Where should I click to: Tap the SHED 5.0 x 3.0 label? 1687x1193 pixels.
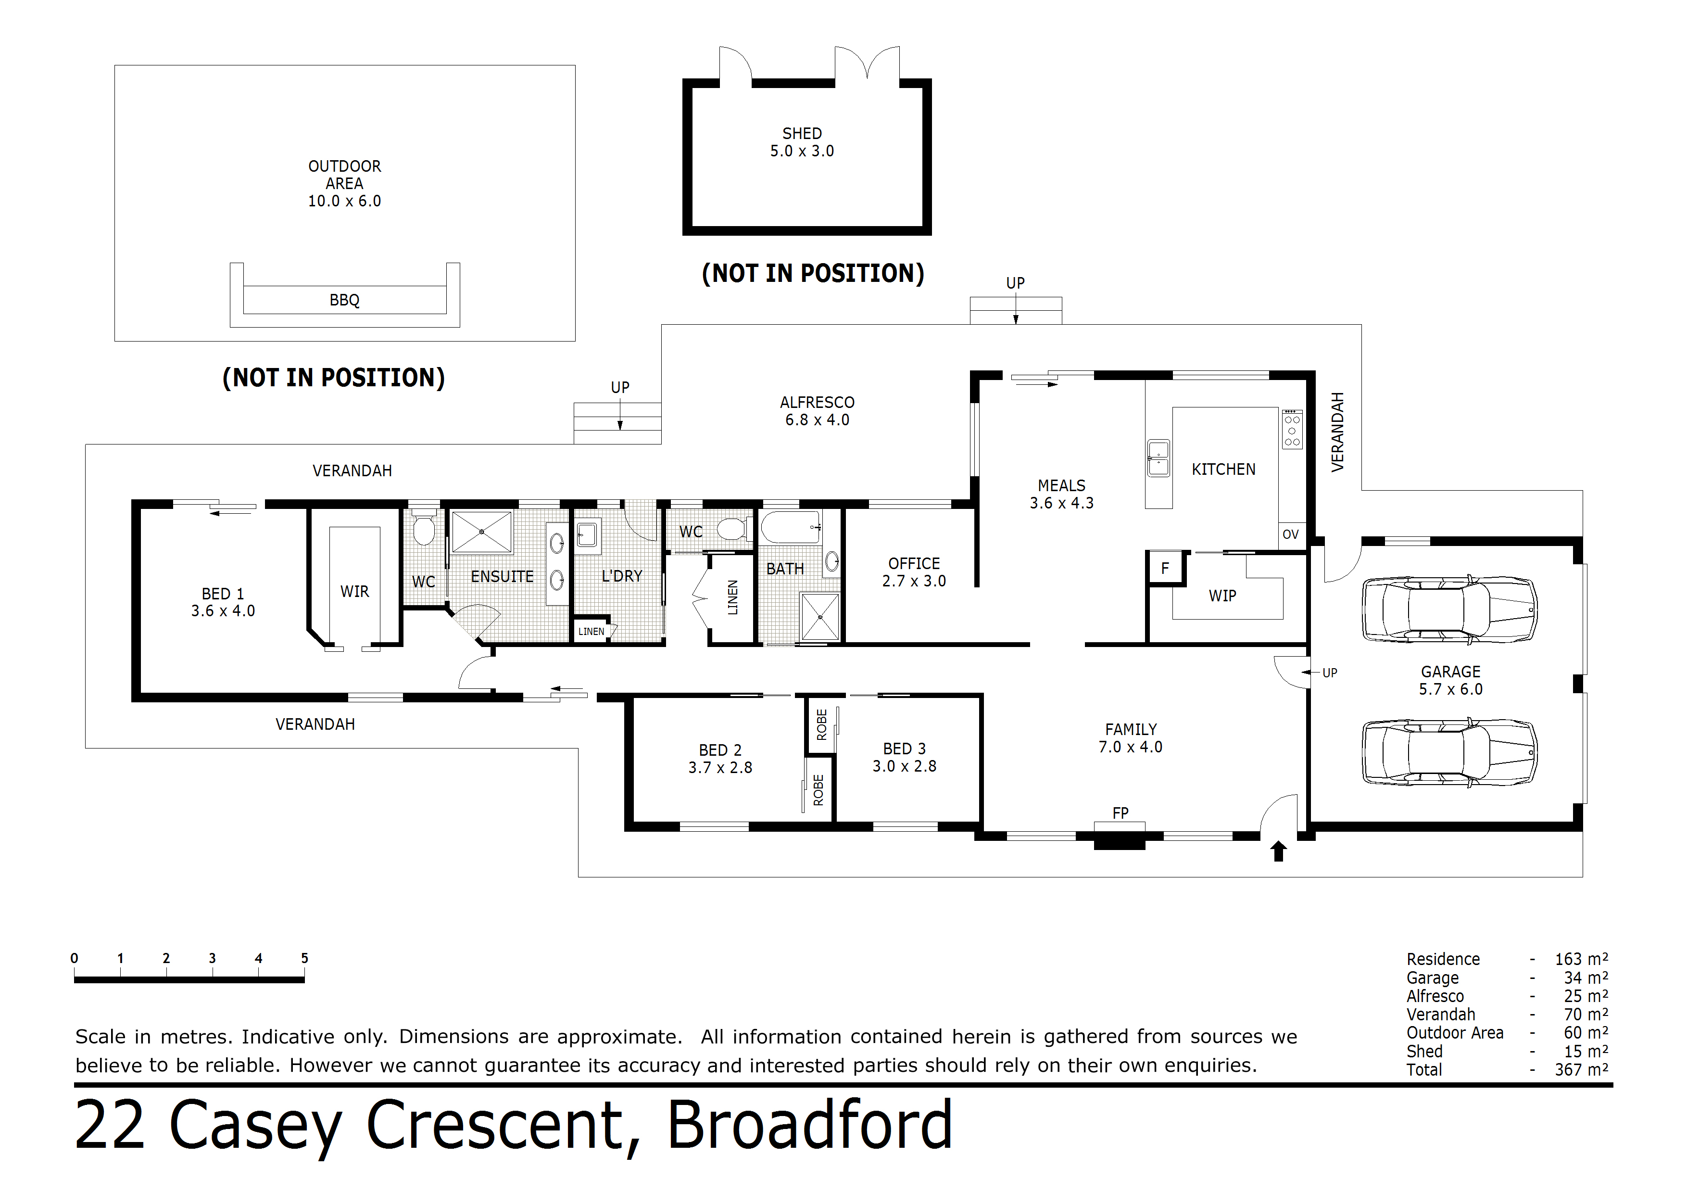click(x=802, y=142)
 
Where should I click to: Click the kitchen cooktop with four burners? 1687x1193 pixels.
click(x=1292, y=429)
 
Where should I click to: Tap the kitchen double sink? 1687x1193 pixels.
click(x=1158, y=458)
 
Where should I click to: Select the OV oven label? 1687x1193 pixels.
click(x=1290, y=534)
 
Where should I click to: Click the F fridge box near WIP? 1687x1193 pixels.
click(x=1165, y=568)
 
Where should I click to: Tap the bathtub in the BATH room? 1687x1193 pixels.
click(x=791, y=527)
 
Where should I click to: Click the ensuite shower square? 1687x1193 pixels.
click(x=481, y=532)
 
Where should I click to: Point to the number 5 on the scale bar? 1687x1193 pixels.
click(x=304, y=959)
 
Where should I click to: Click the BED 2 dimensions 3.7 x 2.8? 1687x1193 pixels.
click(x=720, y=767)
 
